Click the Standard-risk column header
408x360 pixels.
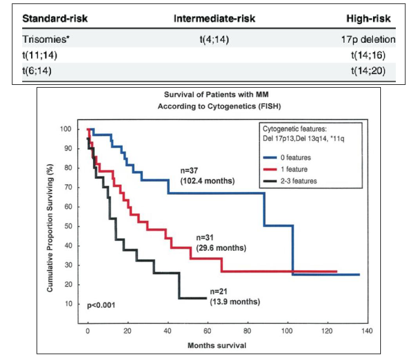(x=55, y=18)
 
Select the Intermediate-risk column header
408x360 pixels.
(x=214, y=18)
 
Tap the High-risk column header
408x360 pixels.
(x=368, y=18)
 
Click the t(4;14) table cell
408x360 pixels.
(x=214, y=39)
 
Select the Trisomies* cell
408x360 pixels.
(x=43, y=39)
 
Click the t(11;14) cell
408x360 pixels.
(x=41, y=55)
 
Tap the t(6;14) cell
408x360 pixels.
(x=38, y=71)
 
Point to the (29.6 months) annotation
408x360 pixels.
(x=221, y=248)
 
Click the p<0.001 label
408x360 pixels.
(x=101, y=305)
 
